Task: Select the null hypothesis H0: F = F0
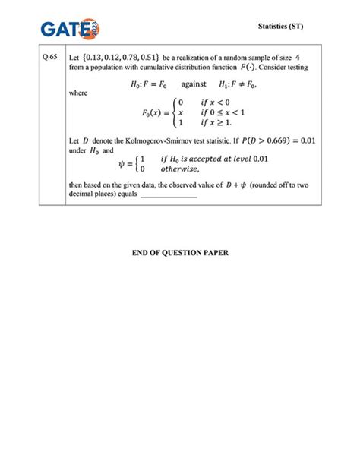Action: pyautogui.click(x=152, y=84)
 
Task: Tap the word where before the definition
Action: pyautogui.click(x=78, y=93)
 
